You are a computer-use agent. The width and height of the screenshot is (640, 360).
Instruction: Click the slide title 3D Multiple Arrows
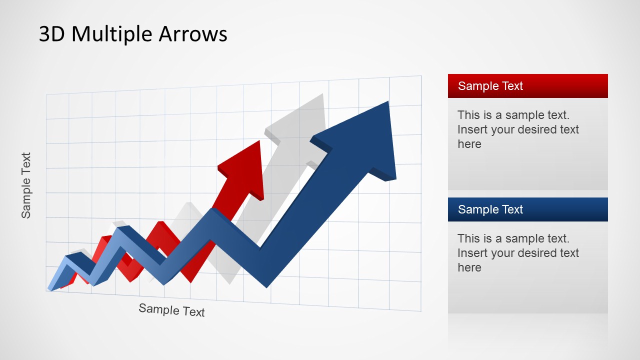[x=133, y=34]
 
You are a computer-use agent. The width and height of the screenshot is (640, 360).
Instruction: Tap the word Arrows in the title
[x=193, y=33]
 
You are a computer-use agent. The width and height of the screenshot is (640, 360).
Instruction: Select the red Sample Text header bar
[x=527, y=86]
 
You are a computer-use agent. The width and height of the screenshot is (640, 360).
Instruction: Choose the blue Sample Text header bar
[x=527, y=209]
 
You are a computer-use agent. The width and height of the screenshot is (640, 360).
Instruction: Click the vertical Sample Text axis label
[x=26, y=185]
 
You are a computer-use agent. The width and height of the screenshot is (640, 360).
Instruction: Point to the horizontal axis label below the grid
[x=171, y=310]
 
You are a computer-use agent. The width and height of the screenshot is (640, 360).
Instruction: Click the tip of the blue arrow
[x=388, y=101]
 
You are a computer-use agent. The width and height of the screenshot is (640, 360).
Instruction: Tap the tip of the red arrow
[x=259, y=140]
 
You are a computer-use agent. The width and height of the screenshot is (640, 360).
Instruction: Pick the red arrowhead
[x=243, y=170]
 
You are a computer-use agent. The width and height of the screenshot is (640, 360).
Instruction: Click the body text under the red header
[x=518, y=129]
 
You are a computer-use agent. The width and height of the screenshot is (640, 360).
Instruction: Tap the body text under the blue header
[x=518, y=253]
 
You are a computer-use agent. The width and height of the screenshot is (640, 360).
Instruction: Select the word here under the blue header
[x=469, y=267]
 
